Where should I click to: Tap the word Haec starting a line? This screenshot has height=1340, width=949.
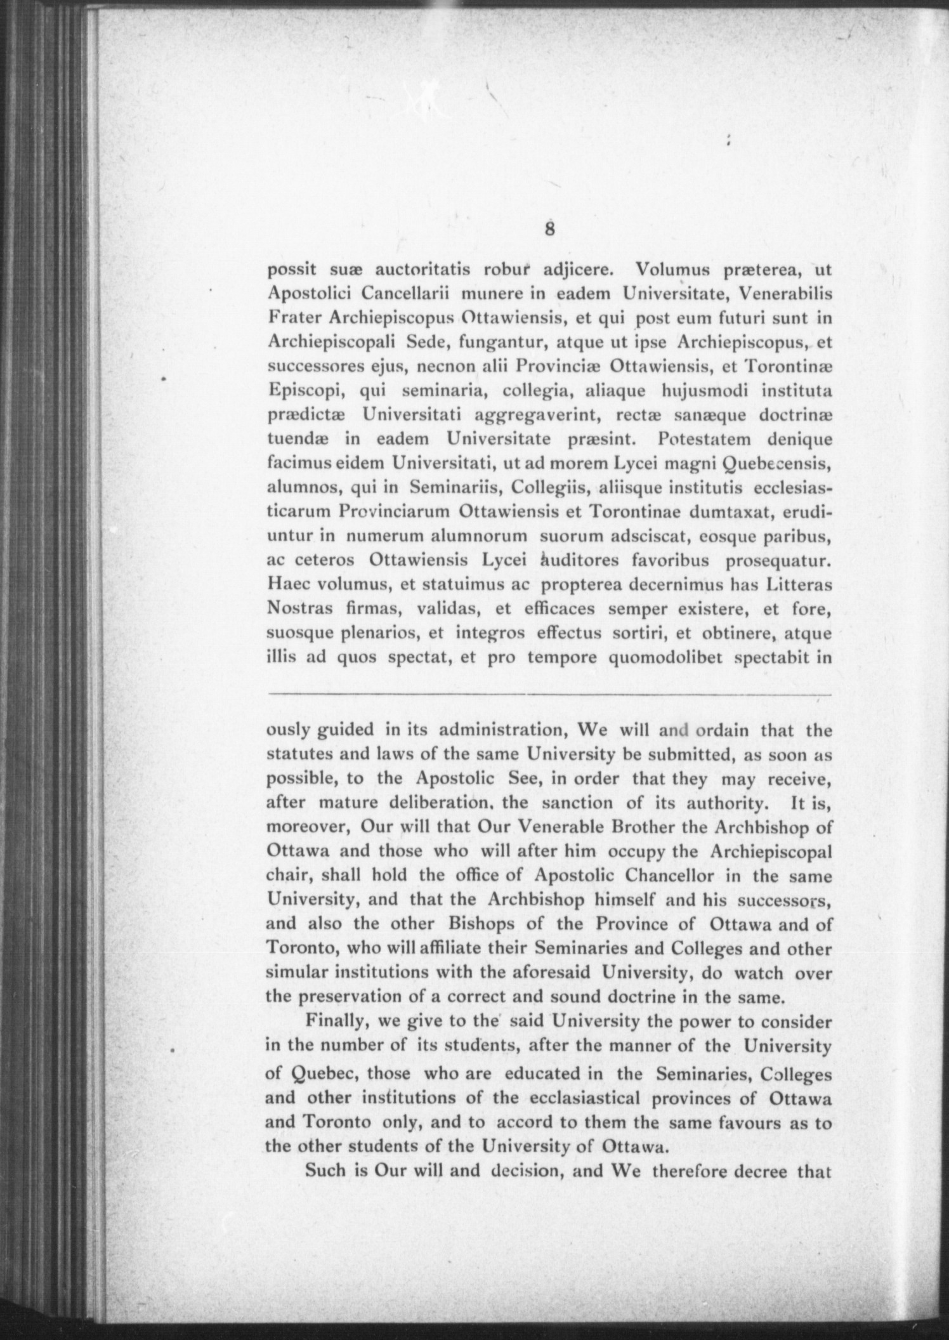[x=287, y=584]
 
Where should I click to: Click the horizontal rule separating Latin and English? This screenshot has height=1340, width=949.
[x=549, y=693]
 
